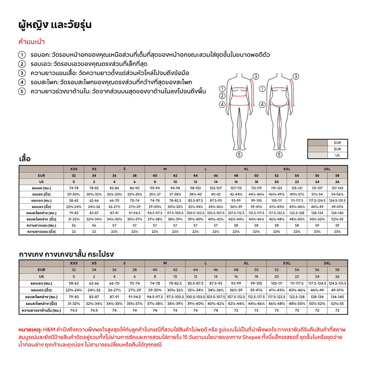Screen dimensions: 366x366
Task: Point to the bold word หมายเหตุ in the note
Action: [29, 329]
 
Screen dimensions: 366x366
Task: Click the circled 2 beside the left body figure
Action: [222, 96]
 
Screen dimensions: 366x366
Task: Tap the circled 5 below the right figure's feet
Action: [280, 154]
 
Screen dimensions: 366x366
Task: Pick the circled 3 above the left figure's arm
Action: [256, 76]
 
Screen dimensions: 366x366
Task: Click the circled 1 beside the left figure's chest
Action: [222, 89]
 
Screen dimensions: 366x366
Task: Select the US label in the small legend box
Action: [337, 155]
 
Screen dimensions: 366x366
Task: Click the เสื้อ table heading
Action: [25, 159]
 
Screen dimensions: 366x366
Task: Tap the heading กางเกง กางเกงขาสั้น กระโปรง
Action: [66, 254]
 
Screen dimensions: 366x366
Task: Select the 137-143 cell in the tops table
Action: [337, 188]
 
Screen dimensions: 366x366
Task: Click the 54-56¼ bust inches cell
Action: [337, 194]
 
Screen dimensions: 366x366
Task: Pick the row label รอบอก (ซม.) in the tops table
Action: [41, 188]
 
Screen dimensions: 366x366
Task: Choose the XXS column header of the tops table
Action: [74, 169]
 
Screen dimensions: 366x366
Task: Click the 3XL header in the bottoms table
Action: [327, 263]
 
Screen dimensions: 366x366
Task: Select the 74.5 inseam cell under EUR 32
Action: [74, 310]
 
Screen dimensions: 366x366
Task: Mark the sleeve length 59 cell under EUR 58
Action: [337, 225]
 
